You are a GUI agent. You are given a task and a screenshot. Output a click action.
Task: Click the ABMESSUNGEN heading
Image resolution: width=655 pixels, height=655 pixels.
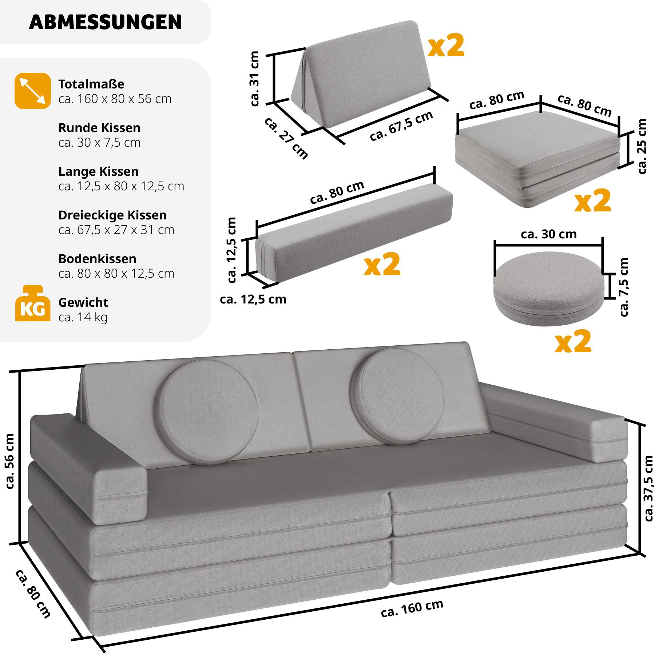(x=105, y=22)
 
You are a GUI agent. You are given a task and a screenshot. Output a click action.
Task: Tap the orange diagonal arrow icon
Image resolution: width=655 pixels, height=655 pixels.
(x=32, y=91)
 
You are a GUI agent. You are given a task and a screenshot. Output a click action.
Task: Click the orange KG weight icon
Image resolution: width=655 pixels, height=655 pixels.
(x=32, y=304)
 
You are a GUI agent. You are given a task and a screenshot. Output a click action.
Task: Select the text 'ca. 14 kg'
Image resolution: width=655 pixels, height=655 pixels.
(x=83, y=317)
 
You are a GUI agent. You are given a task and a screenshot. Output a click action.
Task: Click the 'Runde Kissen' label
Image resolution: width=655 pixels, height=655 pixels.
(x=99, y=128)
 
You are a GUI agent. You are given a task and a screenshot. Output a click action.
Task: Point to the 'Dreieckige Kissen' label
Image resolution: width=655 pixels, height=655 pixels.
(x=112, y=215)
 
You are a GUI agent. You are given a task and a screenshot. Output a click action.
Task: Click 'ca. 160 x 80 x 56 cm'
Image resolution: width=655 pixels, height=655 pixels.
(x=115, y=99)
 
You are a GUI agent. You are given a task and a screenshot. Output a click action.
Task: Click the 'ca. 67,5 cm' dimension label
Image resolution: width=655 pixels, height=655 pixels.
(x=401, y=126)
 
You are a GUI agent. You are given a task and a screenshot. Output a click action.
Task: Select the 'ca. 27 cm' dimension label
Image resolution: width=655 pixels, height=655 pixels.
(x=286, y=138)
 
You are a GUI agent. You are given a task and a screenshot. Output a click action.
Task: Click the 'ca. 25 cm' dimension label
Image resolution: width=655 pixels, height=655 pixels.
(x=642, y=146)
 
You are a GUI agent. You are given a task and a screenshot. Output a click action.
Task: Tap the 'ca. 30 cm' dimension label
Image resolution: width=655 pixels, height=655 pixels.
(x=549, y=234)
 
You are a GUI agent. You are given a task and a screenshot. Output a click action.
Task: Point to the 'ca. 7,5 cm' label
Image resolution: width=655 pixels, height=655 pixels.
(x=623, y=287)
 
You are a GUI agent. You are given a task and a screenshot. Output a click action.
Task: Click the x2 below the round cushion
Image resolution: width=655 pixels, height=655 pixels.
(x=573, y=341)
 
